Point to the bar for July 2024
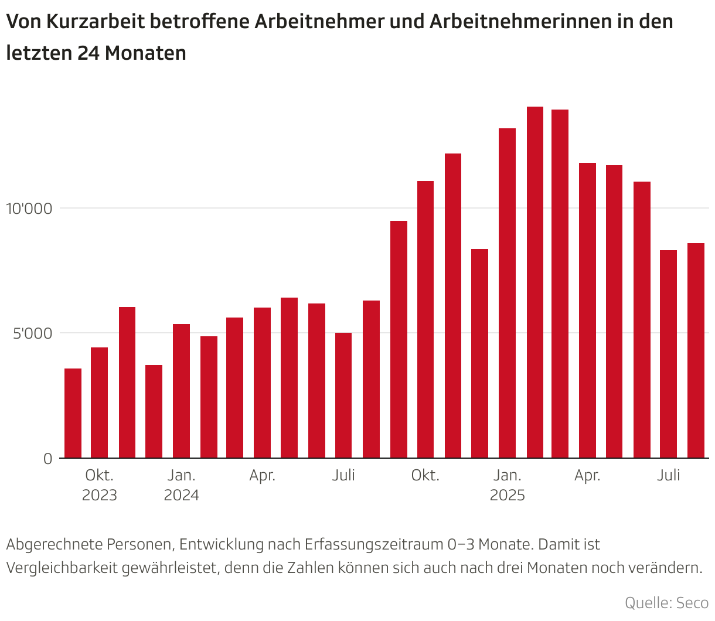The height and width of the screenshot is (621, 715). (x=343, y=395)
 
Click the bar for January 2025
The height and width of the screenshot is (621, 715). (x=507, y=293)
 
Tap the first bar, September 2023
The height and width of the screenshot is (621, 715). (x=73, y=413)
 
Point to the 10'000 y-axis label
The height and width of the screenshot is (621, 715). (x=29, y=209)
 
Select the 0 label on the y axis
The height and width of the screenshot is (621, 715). (x=48, y=459)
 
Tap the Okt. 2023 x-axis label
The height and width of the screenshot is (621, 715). (x=100, y=485)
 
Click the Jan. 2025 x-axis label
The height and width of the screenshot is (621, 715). (x=507, y=485)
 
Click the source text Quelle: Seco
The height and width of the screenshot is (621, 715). (x=666, y=603)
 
